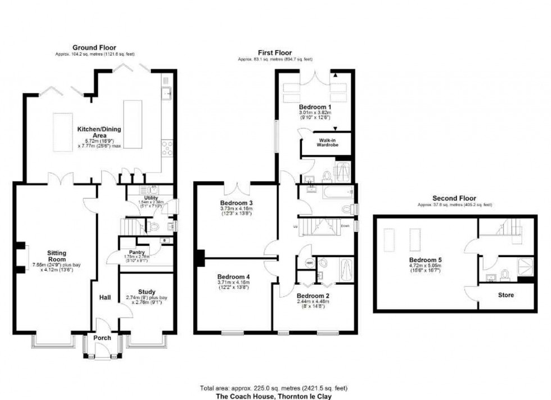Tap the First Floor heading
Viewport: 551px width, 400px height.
click(275, 52)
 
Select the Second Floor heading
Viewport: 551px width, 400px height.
click(454, 198)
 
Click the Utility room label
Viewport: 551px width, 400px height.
click(136, 199)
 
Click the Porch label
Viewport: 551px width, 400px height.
click(102, 338)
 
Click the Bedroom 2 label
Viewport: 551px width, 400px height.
click(312, 295)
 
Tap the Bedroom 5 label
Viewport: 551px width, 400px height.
click(425, 260)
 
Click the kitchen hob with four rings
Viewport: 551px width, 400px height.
click(167, 147)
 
